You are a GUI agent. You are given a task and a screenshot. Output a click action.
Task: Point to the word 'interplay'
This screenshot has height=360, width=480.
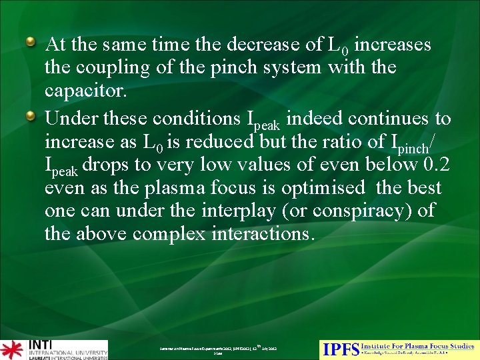pyautogui.click(x=215, y=211)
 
